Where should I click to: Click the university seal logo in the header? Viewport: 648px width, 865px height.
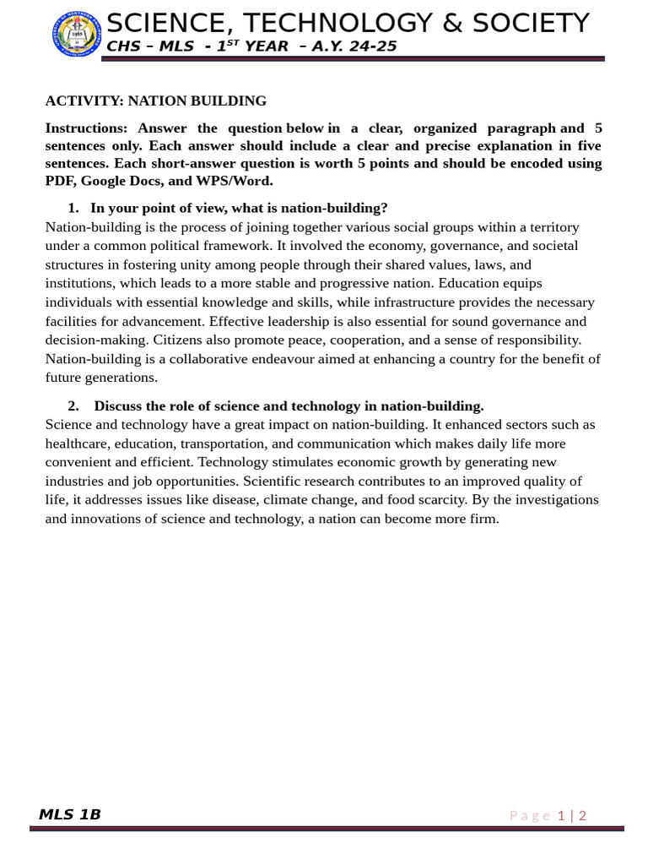click(x=76, y=35)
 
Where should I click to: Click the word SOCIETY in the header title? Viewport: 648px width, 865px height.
click(x=518, y=23)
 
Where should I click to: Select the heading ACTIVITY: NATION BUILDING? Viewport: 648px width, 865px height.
click(x=155, y=101)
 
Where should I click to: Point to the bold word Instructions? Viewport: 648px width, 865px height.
click(x=86, y=128)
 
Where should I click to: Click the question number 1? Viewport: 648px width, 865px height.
click(x=73, y=208)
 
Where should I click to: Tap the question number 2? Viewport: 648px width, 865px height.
click(x=73, y=405)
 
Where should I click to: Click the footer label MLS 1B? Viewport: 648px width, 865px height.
click(x=70, y=814)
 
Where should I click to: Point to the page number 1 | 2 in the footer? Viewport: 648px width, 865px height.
click(x=572, y=815)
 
